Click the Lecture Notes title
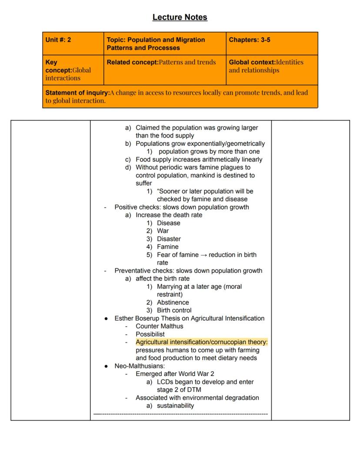(180, 17)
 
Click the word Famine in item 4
(167, 247)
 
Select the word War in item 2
(163, 231)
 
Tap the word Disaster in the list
(169, 239)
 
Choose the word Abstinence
(173, 302)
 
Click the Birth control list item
(174, 310)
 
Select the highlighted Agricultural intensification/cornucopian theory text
(201, 342)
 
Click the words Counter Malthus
(159, 326)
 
